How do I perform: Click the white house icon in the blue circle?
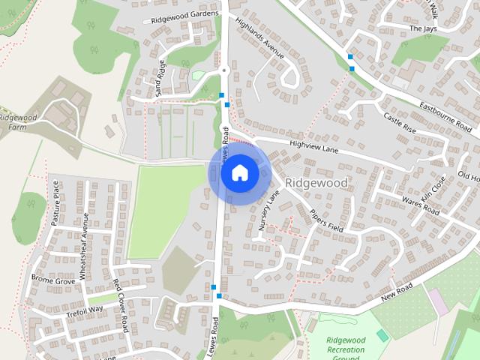pos(239,173)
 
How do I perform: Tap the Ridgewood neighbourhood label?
pos(316,183)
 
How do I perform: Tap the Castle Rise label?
pos(399,123)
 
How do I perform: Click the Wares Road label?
pos(420,204)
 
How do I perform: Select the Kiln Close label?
pos(433,189)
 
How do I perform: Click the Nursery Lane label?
pos(268,209)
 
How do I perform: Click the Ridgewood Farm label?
pos(14,122)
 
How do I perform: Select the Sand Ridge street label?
pos(160,77)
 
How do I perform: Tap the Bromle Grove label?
pos(52,280)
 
